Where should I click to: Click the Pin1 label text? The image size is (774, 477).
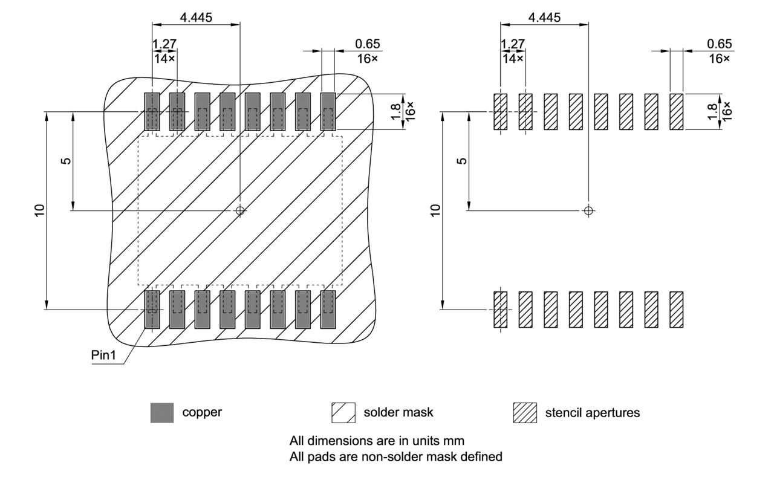[x=103, y=355]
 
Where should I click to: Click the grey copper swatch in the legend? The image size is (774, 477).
[x=162, y=413]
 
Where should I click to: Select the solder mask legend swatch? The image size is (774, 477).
[x=343, y=413]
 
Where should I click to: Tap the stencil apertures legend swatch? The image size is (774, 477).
[x=524, y=413]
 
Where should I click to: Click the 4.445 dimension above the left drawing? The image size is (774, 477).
[x=196, y=18]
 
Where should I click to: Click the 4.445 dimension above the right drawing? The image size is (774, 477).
[x=544, y=18]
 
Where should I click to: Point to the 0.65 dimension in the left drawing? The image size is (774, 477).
[x=368, y=44]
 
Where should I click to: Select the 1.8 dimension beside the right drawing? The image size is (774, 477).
[x=713, y=111]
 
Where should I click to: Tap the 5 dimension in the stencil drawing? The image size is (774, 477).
[x=462, y=161]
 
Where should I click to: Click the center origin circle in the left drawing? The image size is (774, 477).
[x=240, y=210]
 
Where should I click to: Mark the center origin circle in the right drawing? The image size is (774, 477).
[x=588, y=210]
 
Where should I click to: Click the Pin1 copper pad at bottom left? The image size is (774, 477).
[x=152, y=310]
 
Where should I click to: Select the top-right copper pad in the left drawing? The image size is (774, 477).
[x=328, y=111]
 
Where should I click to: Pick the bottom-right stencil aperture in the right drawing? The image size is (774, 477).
[x=676, y=310]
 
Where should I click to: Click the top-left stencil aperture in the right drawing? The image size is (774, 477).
[x=500, y=111]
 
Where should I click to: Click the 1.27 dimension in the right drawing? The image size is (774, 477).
[x=513, y=44]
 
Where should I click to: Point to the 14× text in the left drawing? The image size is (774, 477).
[x=164, y=59]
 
